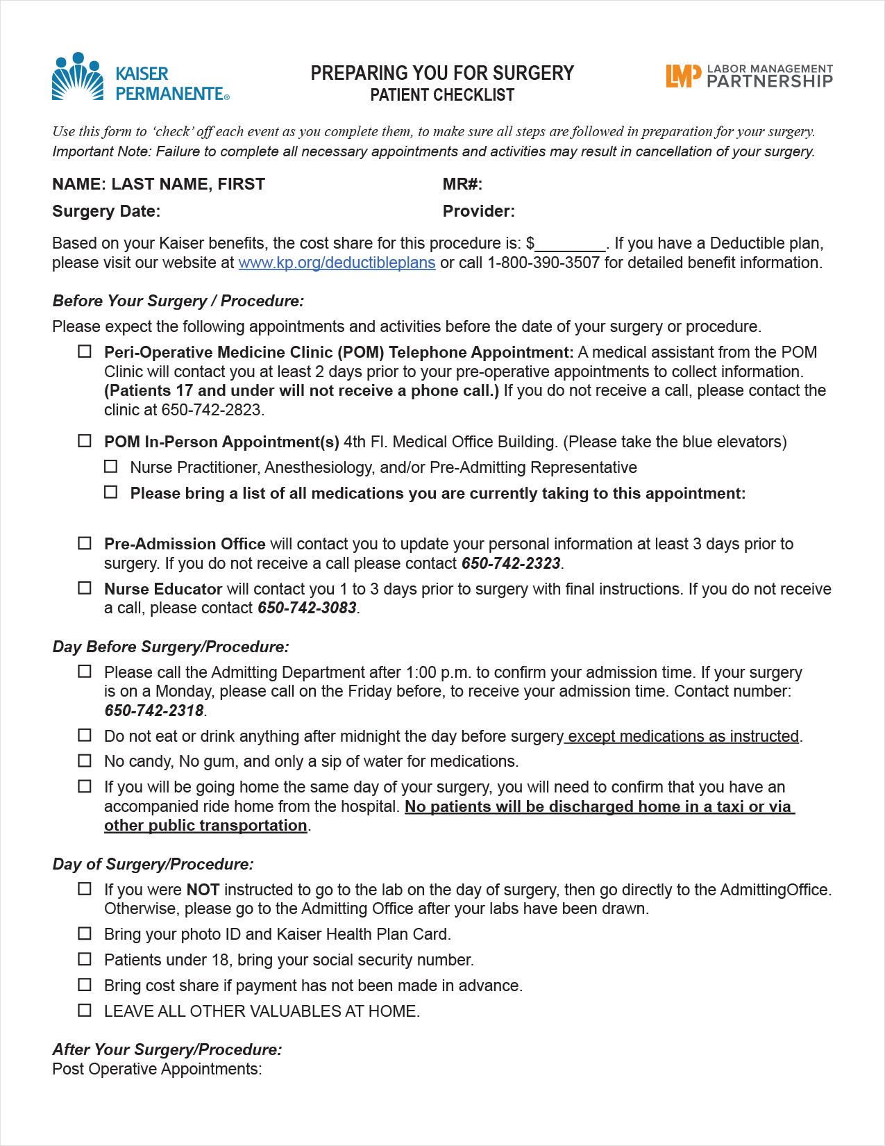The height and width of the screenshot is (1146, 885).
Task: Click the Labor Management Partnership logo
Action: pyautogui.click(x=749, y=76)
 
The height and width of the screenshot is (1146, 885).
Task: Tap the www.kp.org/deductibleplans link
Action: pyautogui.click(x=337, y=263)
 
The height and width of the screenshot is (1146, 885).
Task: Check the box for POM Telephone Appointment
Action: pyautogui.click(x=85, y=351)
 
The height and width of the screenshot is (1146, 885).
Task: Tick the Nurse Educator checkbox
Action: pyautogui.click(x=85, y=588)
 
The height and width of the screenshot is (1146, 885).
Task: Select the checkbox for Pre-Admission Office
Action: pyautogui.click(x=85, y=543)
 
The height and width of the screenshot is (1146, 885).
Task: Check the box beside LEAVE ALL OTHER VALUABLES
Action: pyautogui.click(x=85, y=1011)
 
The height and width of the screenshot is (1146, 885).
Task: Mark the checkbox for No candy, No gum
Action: pyautogui.click(x=85, y=761)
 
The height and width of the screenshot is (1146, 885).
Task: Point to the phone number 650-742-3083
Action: pyautogui.click(x=307, y=608)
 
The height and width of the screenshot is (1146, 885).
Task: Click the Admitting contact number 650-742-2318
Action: pyautogui.click(x=154, y=711)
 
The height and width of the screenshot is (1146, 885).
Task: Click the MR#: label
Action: pyautogui.click(x=462, y=185)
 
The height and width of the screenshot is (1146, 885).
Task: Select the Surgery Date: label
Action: pyautogui.click(x=106, y=212)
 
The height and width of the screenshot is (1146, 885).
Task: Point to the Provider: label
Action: pyautogui.click(x=479, y=212)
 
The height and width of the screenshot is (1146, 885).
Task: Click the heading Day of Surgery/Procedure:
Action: pyautogui.click(x=153, y=865)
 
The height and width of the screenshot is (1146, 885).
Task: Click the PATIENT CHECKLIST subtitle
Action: pyautogui.click(x=442, y=96)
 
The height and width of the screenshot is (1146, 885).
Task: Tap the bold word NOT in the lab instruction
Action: pyautogui.click(x=203, y=890)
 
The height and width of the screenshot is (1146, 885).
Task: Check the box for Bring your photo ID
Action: pyautogui.click(x=85, y=933)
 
